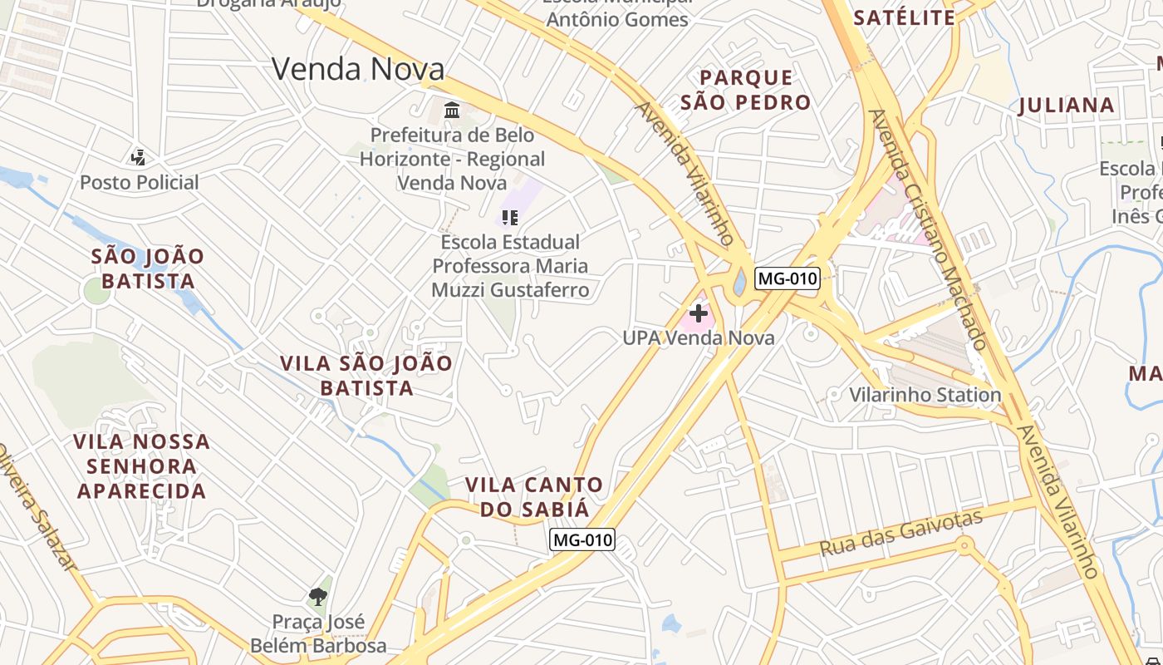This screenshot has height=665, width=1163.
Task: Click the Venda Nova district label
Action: pos(358,69)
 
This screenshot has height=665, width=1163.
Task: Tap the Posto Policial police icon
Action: pos(139,156)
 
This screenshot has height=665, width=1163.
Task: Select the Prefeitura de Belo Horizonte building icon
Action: pos(452,109)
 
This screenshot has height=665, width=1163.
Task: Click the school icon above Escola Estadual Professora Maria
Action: pos(509,218)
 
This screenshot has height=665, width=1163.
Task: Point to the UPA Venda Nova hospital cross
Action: pos(699,313)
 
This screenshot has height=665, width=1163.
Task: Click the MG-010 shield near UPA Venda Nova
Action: pos(787,278)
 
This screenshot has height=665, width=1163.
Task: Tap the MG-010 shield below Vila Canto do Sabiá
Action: pos(582,539)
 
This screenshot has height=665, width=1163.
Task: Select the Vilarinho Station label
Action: pos(925,394)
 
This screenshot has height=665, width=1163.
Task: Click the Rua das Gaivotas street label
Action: pos(900,533)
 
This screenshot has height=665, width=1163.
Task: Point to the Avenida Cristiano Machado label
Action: pos(928,229)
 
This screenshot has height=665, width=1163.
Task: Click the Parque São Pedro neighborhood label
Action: pos(745,90)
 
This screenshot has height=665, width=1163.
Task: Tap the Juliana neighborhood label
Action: pos(1067,106)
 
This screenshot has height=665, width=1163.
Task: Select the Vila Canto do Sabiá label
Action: pos(534,496)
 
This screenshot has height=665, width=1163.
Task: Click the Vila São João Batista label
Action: pos(366,376)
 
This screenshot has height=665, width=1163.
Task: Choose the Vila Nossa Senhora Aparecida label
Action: pos(141,465)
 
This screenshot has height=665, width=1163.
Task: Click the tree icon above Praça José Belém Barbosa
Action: pos(317,595)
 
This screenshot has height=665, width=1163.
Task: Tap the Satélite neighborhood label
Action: pos(905,17)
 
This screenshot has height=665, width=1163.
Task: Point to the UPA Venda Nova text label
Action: pos(699,337)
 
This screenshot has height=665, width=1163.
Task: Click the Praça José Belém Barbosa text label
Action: pos(318,633)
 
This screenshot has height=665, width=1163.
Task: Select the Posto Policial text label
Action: pos(139,183)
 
